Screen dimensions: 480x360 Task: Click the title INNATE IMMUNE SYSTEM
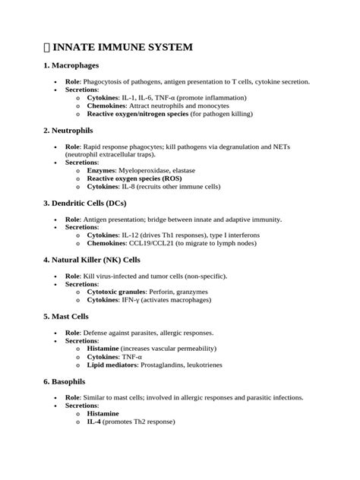tap(122, 47)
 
